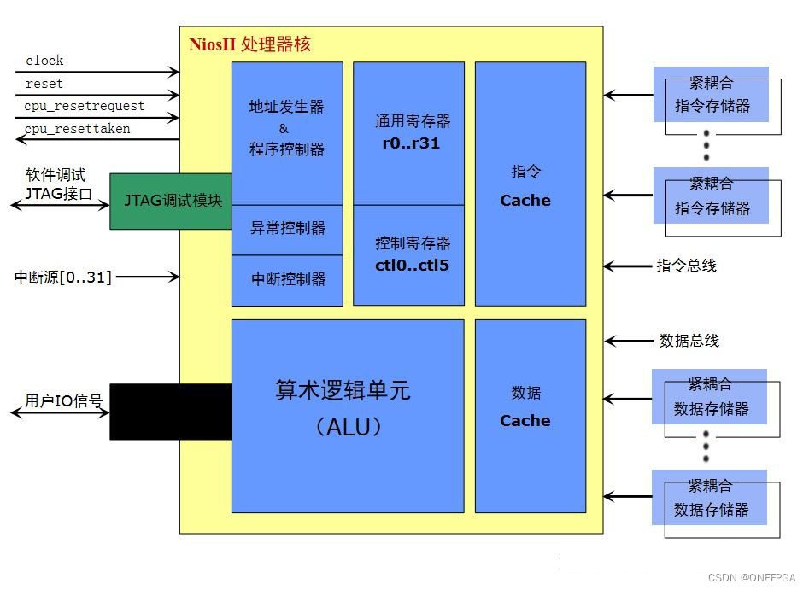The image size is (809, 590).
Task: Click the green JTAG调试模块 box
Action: [x=171, y=201]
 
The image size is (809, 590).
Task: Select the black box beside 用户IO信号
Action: [x=171, y=412]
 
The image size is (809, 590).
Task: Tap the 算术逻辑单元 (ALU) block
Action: [x=348, y=416]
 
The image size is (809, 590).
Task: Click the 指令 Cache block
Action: [x=530, y=184]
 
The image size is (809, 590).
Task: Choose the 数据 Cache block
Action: [x=530, y=416]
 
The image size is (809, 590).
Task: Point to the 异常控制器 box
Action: [x=287, y=229]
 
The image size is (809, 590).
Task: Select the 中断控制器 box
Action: [x=287, y=280]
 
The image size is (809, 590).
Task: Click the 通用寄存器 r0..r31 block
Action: [x=408, y=132]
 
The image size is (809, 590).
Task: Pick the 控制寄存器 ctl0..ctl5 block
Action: [x=408, y=254]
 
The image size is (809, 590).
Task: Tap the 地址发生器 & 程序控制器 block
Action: [x=287, y=128]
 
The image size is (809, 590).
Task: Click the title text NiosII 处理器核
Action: [x=249, y=44]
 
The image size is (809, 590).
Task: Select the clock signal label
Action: [x=44, y=61]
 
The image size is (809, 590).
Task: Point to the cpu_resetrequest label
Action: [x=84, y=106]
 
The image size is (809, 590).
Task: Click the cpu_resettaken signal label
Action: [x=78, y=129]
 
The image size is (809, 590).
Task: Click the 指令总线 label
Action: [x=686, y=266]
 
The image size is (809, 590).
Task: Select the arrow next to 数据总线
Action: [x=628, y=342]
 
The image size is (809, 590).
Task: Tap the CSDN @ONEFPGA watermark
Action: [x=751, y=578]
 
